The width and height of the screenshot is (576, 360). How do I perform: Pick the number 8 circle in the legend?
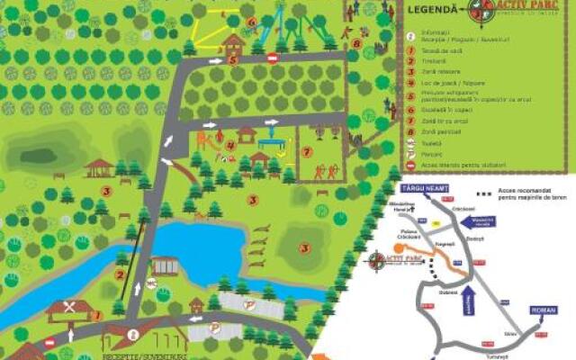point(411,131)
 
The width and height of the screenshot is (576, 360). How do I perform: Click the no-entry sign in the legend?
point(411,165)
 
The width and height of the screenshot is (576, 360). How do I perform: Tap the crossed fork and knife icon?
point(69,307)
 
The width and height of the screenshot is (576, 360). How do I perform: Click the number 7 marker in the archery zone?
point(308,151)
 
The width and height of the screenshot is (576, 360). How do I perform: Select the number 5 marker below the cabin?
point(232,60)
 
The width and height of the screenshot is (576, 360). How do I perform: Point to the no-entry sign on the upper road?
point(273,58)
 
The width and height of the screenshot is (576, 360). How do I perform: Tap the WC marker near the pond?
point(151,283)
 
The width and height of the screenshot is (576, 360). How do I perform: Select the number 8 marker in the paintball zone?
point(357,42)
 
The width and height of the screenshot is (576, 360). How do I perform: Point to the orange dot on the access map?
point(397,247)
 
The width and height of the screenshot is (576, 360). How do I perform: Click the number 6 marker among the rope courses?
point(251,22)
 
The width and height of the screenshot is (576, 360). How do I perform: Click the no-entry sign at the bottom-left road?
point(49,342)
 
